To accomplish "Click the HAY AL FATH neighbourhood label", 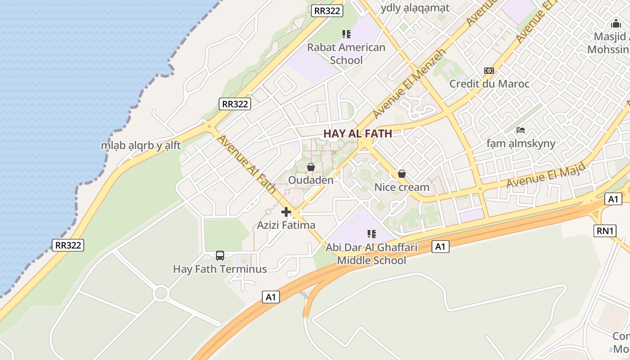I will tap(358, 134).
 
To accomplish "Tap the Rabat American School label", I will tap(346, 54).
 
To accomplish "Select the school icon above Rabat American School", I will tap(346, 34).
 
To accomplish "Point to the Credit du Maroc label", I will tap(489, 84).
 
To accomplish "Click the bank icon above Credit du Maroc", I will tap(489, 71).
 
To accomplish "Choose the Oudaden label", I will tap(310, 180).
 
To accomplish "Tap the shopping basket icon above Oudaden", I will tap(310, 167).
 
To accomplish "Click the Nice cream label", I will tap(402, 187).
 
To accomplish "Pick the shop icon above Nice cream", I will tap(402, 174).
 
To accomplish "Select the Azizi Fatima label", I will tap(286, 225).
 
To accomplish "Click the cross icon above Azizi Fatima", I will tap(286, 212).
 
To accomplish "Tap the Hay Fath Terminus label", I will tap(220, 269).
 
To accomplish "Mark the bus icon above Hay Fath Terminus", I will tap(220, 256).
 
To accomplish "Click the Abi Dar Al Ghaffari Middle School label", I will tap(372, 254).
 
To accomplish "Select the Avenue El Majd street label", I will tap(546, 175).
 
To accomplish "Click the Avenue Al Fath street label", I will tap(246, 164).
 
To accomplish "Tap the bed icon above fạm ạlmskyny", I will tap(521, 130).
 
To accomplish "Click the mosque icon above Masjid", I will tap(616, 24).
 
